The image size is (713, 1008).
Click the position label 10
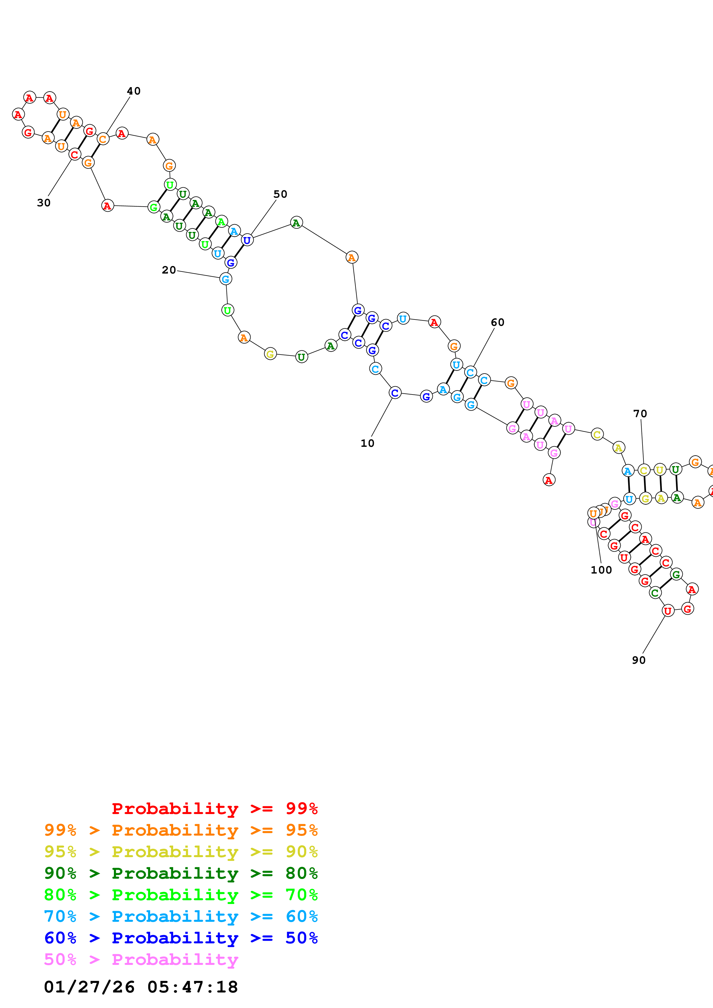[x=367, y=443]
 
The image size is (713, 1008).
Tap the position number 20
[x=169, y=270]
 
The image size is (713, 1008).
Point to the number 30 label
[x=43, y=203]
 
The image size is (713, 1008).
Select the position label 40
[x=133, y=91]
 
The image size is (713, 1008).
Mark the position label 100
[x=601, y=570]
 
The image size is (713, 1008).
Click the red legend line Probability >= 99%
[x=214, y=809]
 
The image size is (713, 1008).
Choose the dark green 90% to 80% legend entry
[x=181, y=873]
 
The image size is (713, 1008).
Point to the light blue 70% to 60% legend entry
[x=181, y=916]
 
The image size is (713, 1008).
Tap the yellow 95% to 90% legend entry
[x=181, y=852]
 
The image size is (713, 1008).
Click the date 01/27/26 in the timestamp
[x=89, y=987]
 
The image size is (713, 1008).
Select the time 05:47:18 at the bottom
[x=192, y=987]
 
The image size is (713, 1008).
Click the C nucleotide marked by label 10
[x=395, y=393]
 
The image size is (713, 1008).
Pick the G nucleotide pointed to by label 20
[x=225, y=279]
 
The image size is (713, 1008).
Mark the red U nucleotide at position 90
[x=668, y=611]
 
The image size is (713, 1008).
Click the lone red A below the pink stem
[x=549, y=480]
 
